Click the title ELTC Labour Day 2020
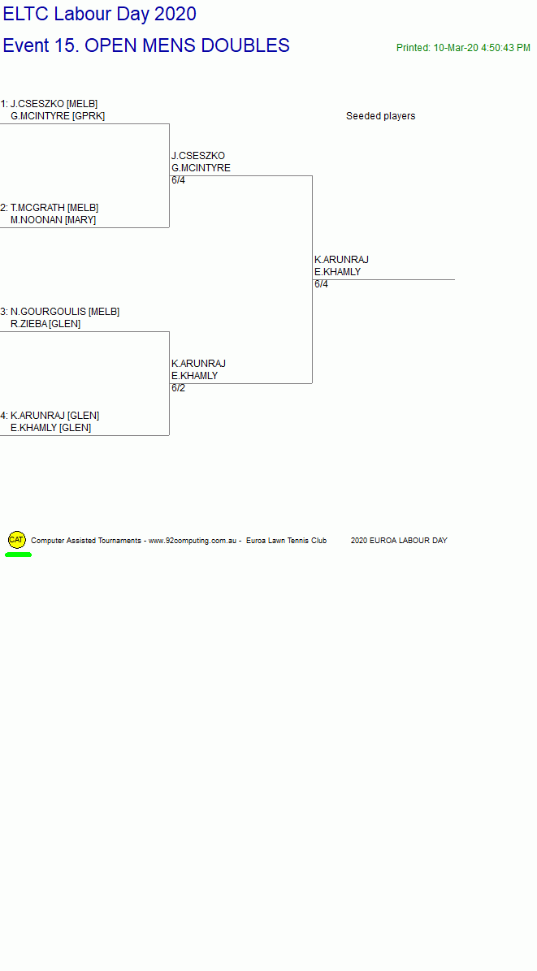[100, 15]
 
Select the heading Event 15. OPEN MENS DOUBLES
[146, 45]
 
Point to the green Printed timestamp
[463, 48]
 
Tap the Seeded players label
[381, 116]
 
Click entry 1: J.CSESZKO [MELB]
[49, 104]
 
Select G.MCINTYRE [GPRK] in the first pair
[58, 116]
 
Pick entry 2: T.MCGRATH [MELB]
[50, 208]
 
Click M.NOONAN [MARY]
[54, 221]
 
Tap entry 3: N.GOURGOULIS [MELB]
[60, 312]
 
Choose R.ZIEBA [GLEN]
[45, 325]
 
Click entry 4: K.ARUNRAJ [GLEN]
[50, 416]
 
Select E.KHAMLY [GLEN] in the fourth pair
[51, 429]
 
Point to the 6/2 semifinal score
[179, 389]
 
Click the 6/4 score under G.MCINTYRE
[179, 181]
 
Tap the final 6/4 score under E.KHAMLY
[322, 285]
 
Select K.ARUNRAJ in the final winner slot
[341, 260]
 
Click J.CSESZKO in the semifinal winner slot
[198, 156]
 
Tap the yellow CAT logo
[17, 540]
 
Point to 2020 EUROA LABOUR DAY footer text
[399, 542]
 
